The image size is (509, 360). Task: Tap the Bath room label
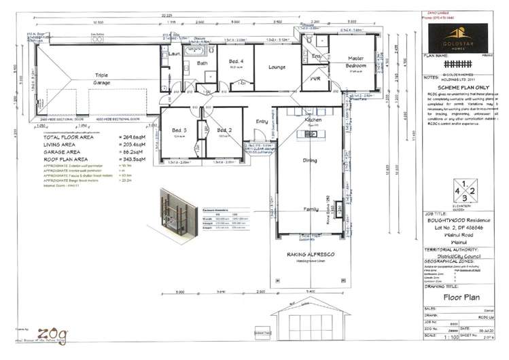[x=202, y=63]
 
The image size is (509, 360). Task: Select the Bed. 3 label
[x=179, y=130]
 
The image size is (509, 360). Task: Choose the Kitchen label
[x=313, y=120]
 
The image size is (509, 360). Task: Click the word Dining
[x=310, y=160]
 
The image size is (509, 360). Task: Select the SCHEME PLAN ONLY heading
[x=460, y=88]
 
